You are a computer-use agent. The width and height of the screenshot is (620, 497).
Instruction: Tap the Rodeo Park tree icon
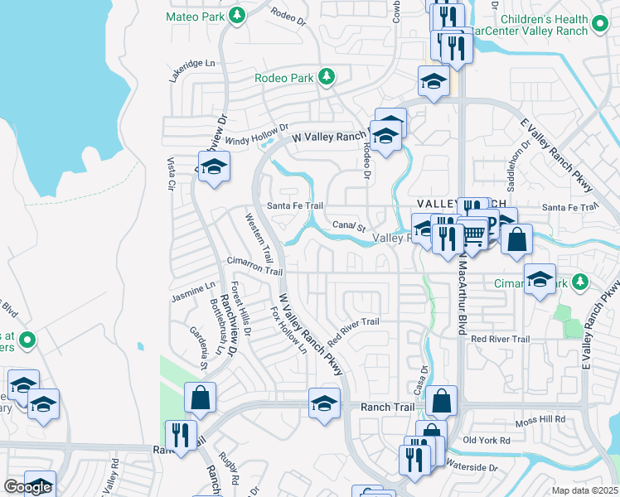(327, 77)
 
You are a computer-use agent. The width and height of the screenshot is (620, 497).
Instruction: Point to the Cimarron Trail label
(254, 266)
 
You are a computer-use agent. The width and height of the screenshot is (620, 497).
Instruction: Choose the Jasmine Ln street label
(193, 291)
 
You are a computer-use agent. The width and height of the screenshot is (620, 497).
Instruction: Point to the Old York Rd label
(487, 440)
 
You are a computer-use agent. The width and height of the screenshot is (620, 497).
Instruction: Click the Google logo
(27, 487)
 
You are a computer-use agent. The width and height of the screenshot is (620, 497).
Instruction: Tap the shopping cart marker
(473, 234)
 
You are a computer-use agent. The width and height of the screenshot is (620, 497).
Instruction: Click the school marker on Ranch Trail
(324, 403)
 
